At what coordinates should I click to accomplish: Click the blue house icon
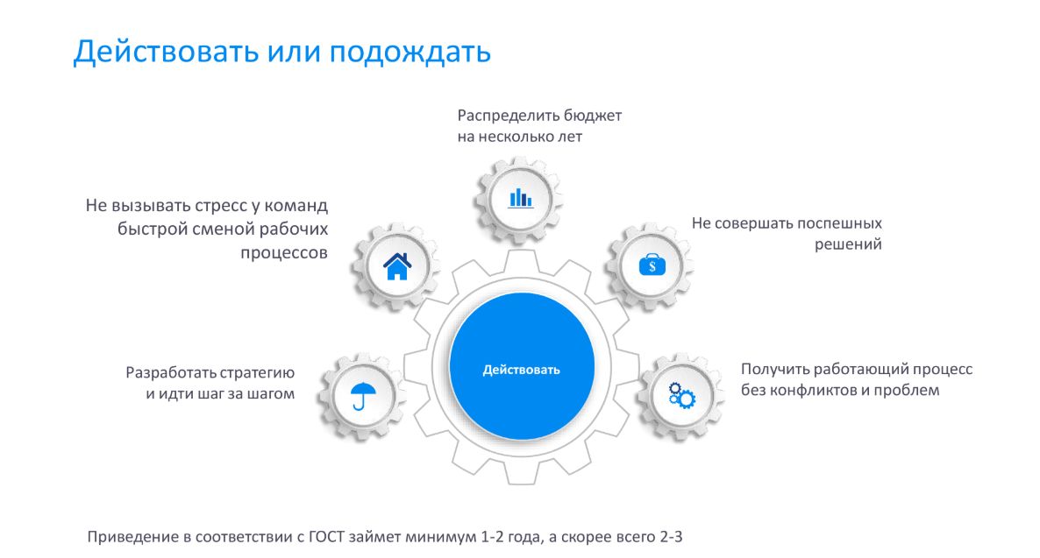point(397,266)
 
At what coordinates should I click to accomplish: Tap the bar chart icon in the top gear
point(521,198)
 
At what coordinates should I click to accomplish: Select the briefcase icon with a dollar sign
point(652,265)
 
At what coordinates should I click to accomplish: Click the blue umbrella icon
point(362,396)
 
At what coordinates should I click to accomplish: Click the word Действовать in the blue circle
point(522,370)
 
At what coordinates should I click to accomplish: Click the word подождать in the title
point(410,52)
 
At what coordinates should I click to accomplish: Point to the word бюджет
point(592,116)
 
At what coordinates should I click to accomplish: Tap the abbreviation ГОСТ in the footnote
point(327,537)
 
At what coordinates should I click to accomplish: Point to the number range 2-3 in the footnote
point(671,537)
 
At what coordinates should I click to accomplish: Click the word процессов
point(284,253)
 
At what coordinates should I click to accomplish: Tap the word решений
point(848,244)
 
